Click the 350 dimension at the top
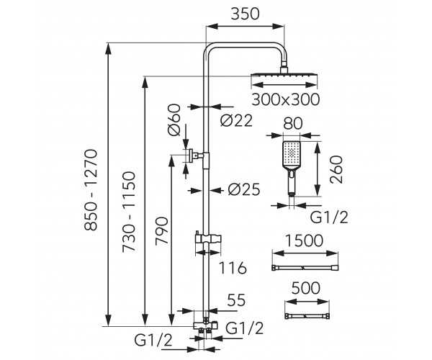(245, 14)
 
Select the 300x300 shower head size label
(286, 99)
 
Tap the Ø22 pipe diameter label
(236, 121)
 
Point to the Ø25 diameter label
(244, 189)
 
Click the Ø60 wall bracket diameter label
(174, 120)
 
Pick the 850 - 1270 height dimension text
(91, 190)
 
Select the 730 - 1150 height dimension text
(129, 212)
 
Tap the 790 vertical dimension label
(161, 230)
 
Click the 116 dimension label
(233, 268)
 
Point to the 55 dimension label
(236, 300)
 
